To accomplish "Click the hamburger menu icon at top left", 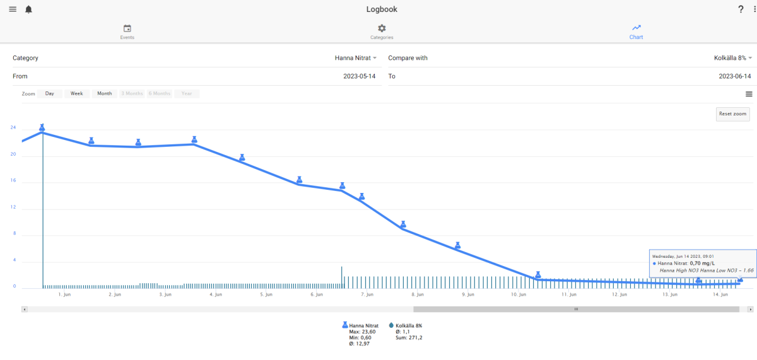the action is tap(13, 9).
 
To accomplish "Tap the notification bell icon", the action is tap(29, 9).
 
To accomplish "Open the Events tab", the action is tap(127, 32).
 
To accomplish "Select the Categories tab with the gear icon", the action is tap(382, 32).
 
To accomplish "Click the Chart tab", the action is tap(636, 32).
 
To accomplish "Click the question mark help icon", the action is tap(741, 9).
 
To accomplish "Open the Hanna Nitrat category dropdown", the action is tap(356, 58).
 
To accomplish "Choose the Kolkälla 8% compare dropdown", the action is tap(732, 58).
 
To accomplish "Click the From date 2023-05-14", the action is tap(359, 76).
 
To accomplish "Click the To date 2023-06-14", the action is tap(735, 76).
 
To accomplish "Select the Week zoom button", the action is tap(77, 93).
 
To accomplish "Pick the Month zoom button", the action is tap(105, 93).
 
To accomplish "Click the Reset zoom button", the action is tap(732, 114).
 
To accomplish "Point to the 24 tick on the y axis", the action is tap(13, 127).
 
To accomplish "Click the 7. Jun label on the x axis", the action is tap(367, 294).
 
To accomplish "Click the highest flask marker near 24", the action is tap(42, 127).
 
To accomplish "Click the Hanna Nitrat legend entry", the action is tap(360, 325).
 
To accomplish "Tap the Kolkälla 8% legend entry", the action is tap(406, 325).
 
